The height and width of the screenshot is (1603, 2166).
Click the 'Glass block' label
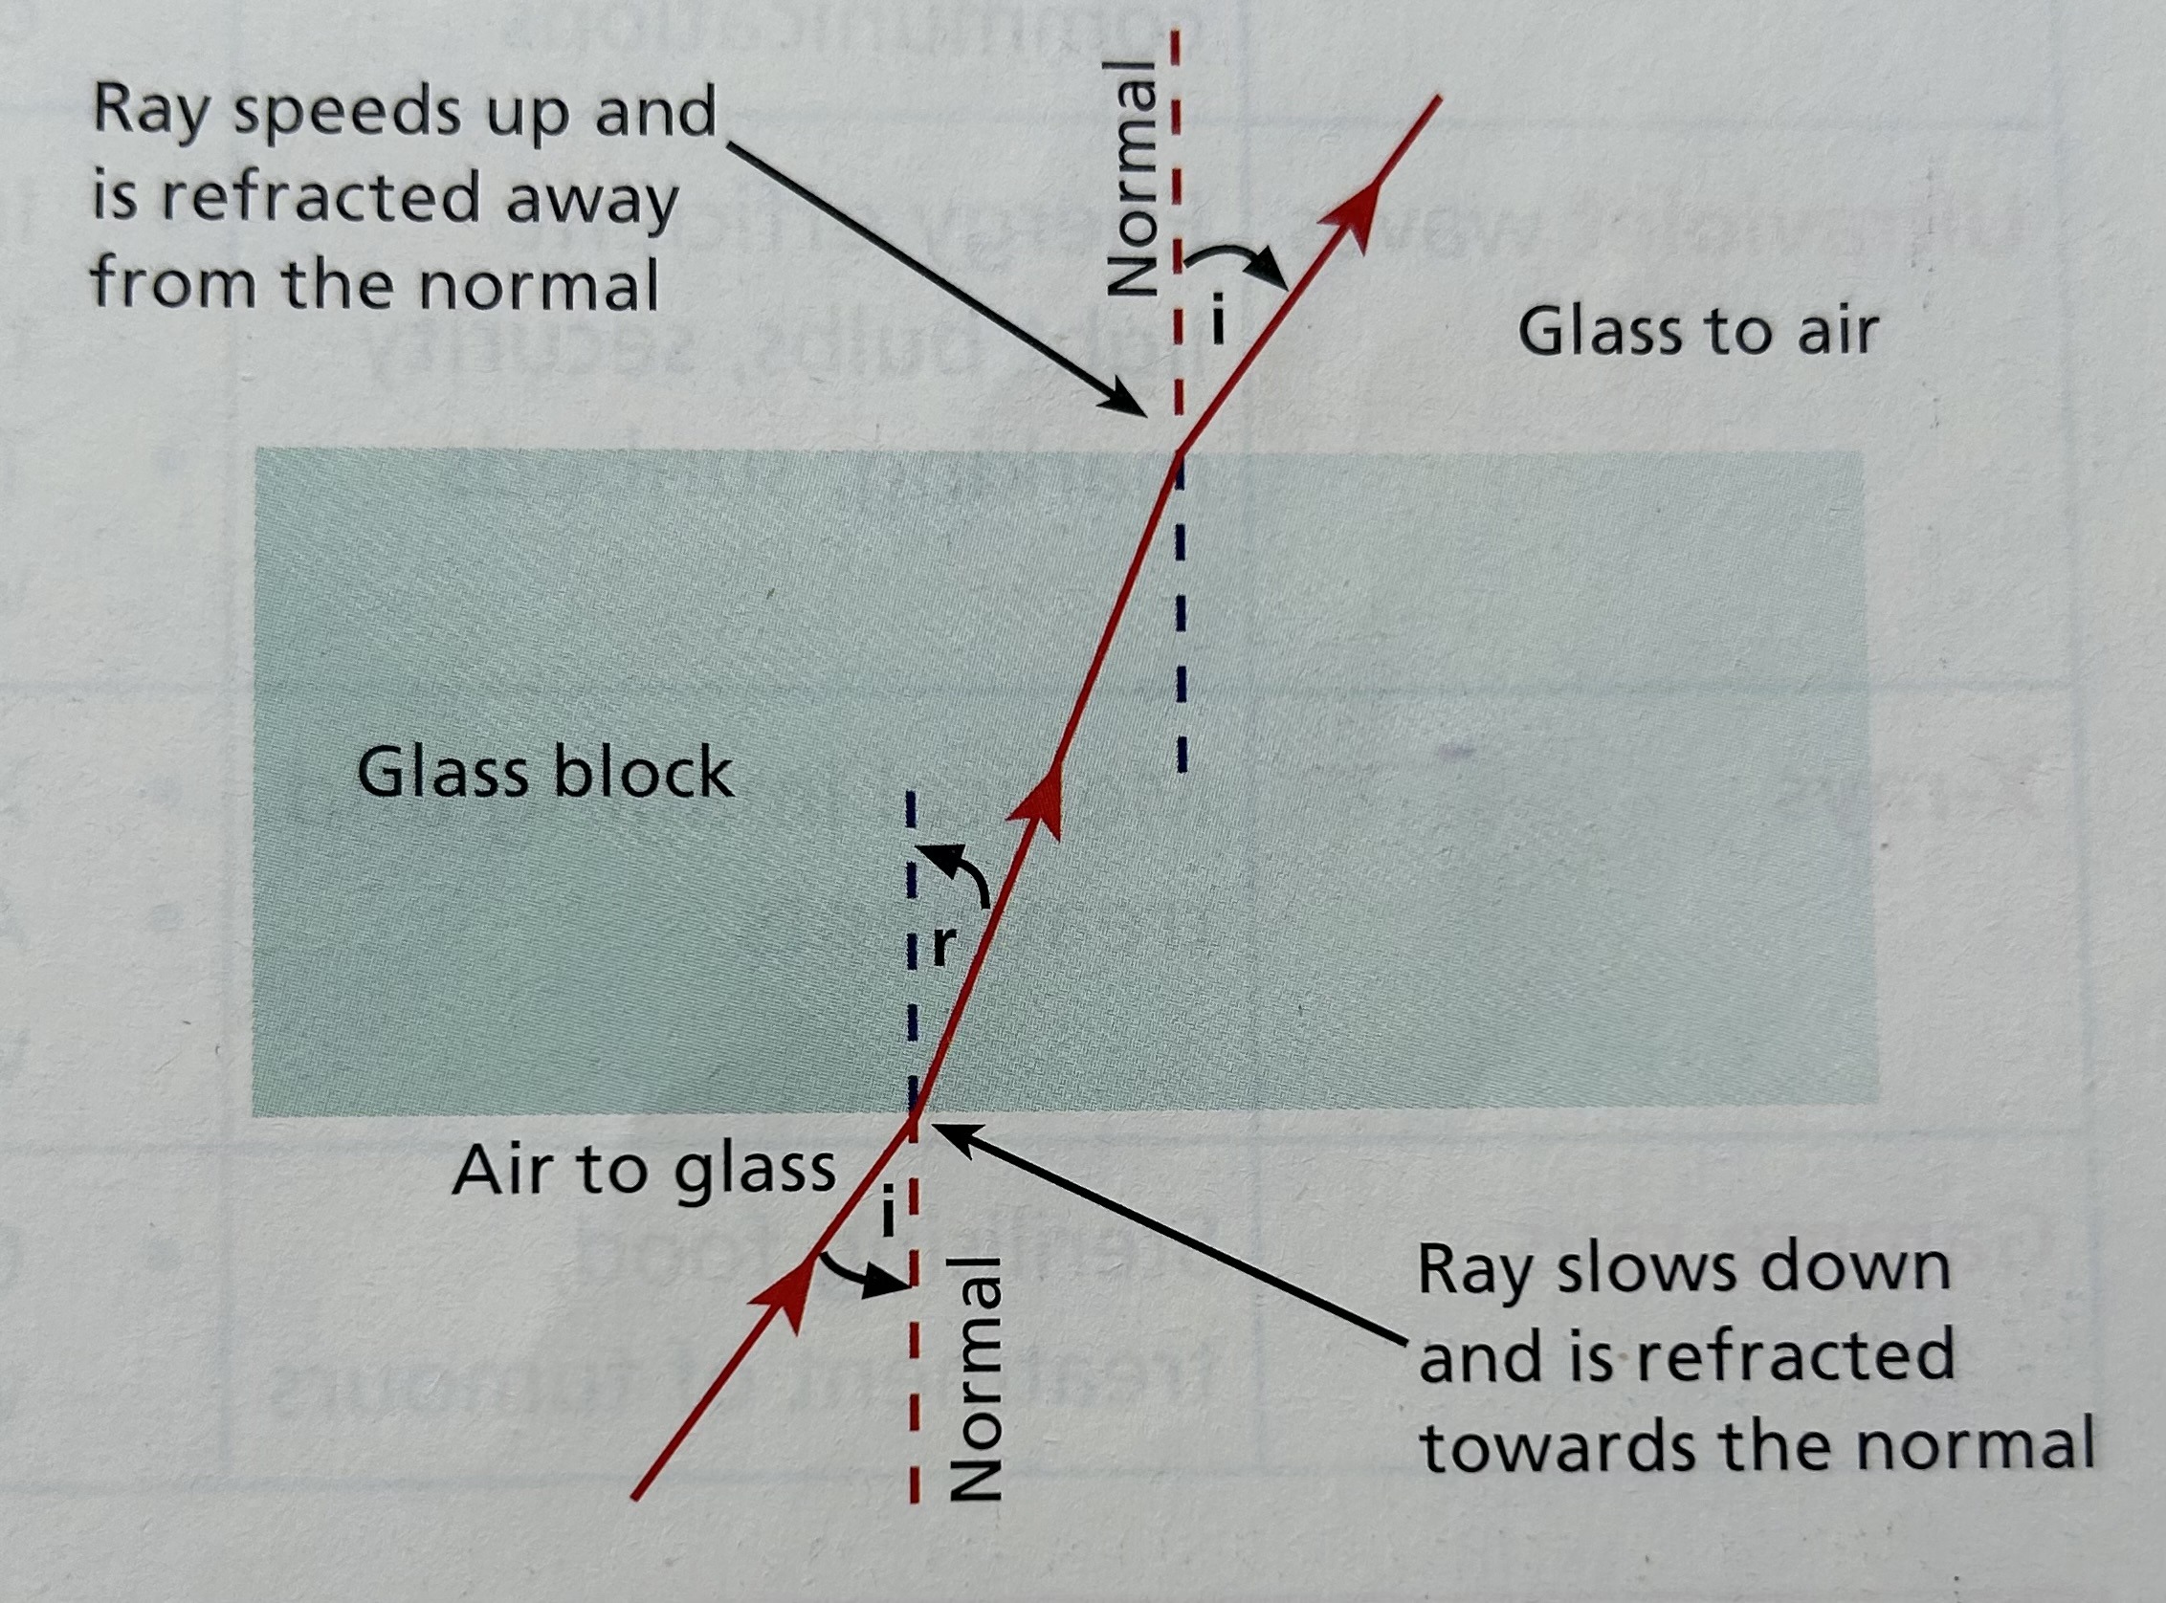(544, 774)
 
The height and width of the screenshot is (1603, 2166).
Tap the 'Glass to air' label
(1697, 332)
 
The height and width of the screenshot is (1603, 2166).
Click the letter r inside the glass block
(943, 946)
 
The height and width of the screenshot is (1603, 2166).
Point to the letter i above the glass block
(1217, 321)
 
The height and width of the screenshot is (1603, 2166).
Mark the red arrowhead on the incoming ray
(788, 1294)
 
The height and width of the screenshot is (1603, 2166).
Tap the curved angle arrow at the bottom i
(866, 1275)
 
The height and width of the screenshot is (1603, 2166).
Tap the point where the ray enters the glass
(912, 1116)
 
